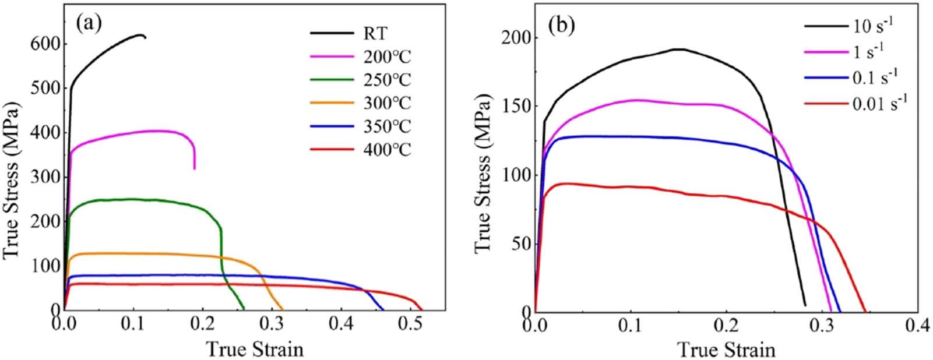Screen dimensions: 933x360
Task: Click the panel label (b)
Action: pos(561,24)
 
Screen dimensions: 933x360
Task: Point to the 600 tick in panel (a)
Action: pos(44,43)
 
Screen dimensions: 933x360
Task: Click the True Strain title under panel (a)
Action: pos(255,349)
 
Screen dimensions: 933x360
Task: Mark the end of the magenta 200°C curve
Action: pos(195,168)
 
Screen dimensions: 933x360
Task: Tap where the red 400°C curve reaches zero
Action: pos(423,310)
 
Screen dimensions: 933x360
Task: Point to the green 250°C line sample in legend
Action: pos(332,79)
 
